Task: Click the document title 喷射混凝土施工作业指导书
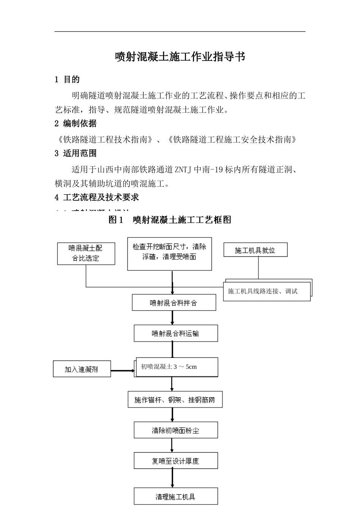pos(180,57)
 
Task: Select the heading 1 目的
pos(67,80)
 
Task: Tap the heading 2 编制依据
pos(75,123)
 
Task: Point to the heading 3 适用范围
pos(75,153)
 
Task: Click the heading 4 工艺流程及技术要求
pos(97,197)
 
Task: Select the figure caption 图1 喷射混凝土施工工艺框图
pos(170,220)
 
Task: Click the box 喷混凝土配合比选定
pos(86,253)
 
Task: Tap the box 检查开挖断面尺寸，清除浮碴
pos(169,254)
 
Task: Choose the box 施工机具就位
pos(255,250)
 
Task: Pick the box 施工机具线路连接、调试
pos(266,291)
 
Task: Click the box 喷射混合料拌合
pos(174,303)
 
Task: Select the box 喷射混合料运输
pos(175,334)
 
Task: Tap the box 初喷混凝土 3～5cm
pos(177,367)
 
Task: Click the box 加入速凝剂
pos(81,369)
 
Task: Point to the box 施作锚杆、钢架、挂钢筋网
pos(175,400)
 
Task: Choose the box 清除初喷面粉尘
pos(175,431)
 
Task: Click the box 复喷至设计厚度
pos(175,461)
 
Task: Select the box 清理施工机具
pos(175,497)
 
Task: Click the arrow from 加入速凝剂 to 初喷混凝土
pos(122,370)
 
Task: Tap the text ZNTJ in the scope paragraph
pos(183,170)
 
